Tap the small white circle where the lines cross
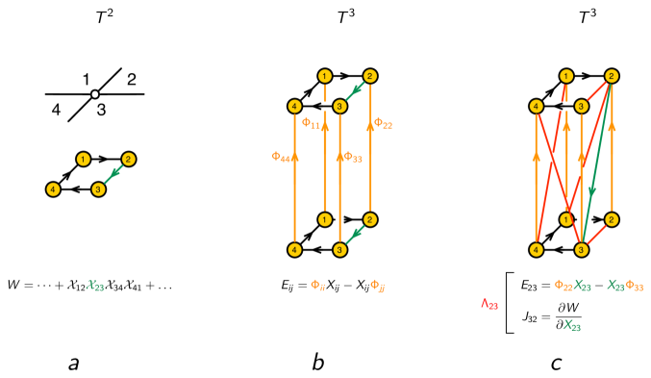point(94,94)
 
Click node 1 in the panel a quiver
point(84,159)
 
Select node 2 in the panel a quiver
point(128,159)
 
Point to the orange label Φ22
point(383,123)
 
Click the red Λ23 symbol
point(490,304)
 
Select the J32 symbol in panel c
point(525,315)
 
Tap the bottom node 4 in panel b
point(294,249)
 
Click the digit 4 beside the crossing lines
point(57,110)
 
